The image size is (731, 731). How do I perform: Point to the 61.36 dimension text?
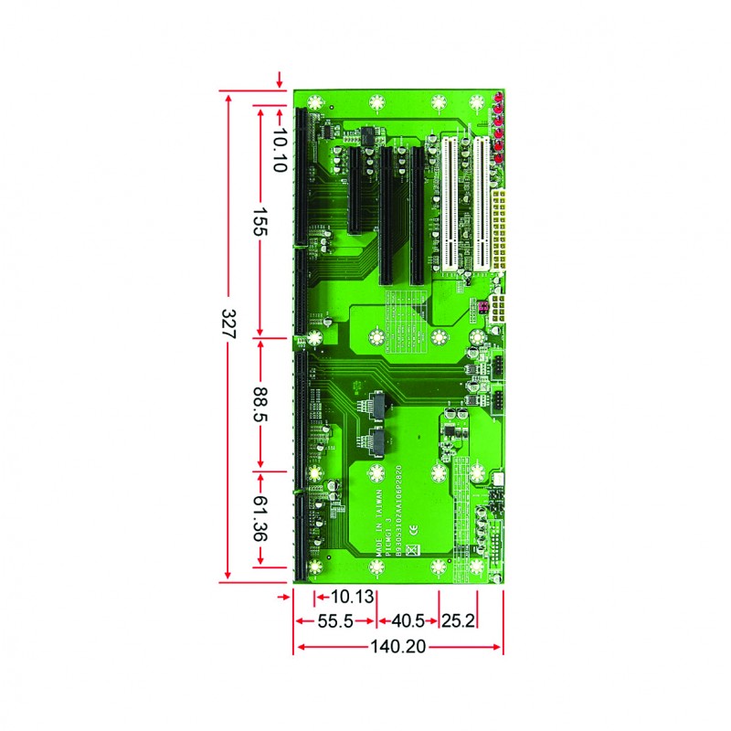click(260, 520)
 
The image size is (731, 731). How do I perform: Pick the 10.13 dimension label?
click(353, 598)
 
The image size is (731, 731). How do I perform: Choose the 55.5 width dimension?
click(334, 621)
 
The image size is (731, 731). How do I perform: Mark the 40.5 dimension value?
click(408, 621)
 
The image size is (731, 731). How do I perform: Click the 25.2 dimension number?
click(459, 621)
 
